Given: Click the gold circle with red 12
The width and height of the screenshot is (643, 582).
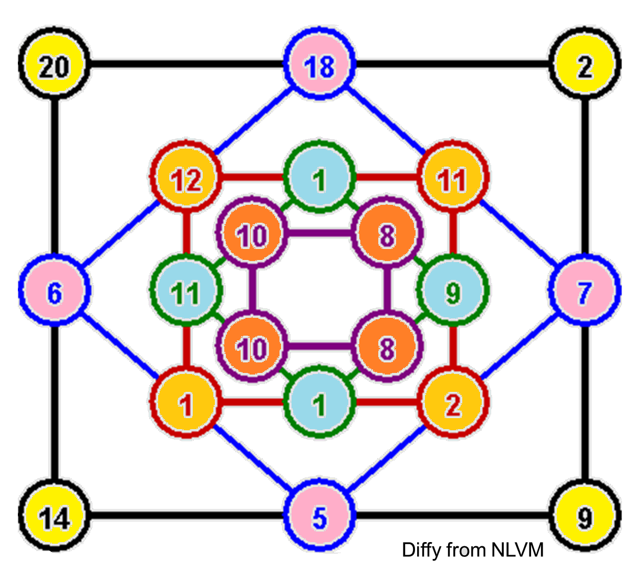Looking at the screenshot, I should pos(186,179).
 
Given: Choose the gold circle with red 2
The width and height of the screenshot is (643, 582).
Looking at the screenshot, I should pos(453,403).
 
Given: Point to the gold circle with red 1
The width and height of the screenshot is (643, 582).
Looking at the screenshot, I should pos(186,403).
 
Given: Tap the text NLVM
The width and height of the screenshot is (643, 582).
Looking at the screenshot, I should pos(517,550).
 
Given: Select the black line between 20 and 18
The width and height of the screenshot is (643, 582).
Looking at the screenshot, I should pos(186,65).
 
